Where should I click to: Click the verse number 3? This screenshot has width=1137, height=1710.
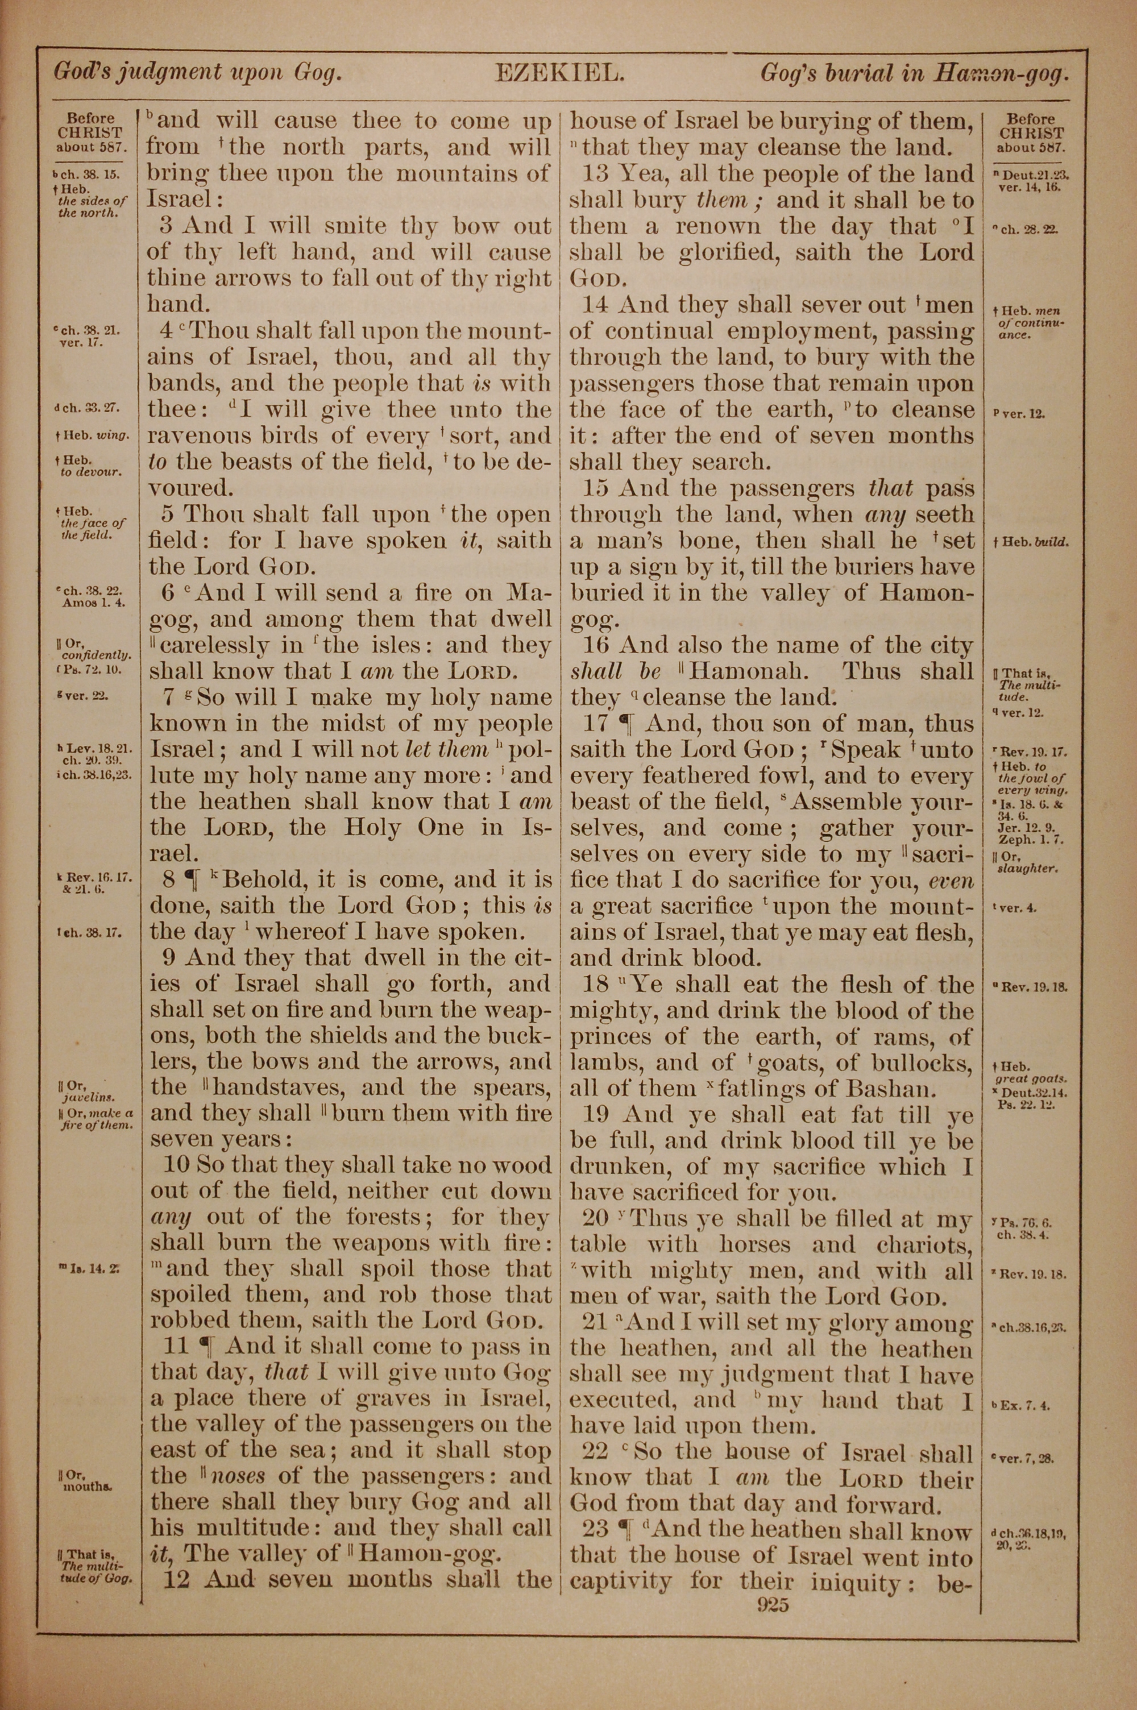(x=166, y=226)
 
